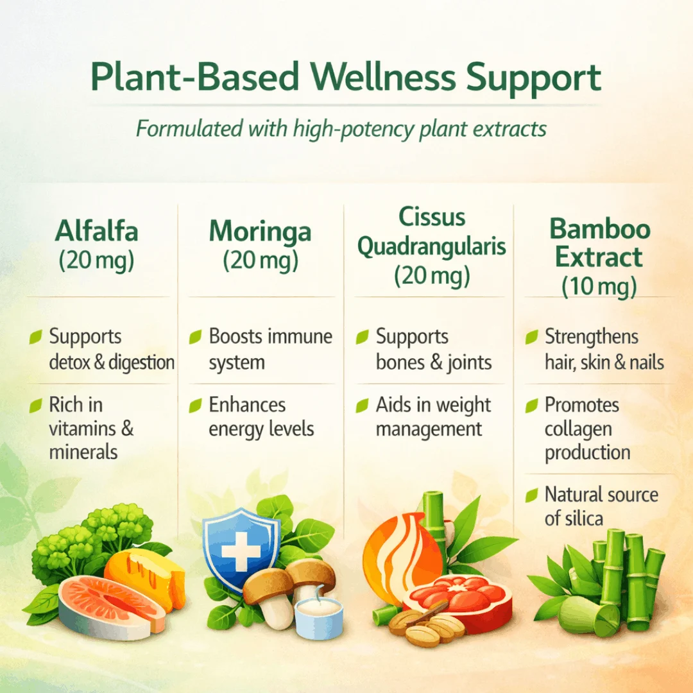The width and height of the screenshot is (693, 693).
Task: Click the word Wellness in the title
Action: (382, 76)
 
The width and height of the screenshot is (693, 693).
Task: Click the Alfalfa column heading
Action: (96, 231)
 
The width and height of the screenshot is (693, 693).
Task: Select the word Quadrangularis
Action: (431, 246)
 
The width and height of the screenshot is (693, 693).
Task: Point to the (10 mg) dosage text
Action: (599, 286)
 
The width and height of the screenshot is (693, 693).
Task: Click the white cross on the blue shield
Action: (241, 551)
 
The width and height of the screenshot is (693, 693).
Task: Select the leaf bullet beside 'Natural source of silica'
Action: (532, 495)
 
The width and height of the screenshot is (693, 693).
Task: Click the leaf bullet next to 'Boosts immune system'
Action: (195, 337)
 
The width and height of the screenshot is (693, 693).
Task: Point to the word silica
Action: (585, 518)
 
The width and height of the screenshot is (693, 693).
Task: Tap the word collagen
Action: (578, 429)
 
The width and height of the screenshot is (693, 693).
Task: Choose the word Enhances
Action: (247, 405)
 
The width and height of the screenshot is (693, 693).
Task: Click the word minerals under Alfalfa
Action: (83, 452)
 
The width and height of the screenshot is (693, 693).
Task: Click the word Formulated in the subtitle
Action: (189, 129)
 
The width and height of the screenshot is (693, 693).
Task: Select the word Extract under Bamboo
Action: (599, 257)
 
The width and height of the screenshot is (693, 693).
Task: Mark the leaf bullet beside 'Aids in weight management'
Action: (363, 406)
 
